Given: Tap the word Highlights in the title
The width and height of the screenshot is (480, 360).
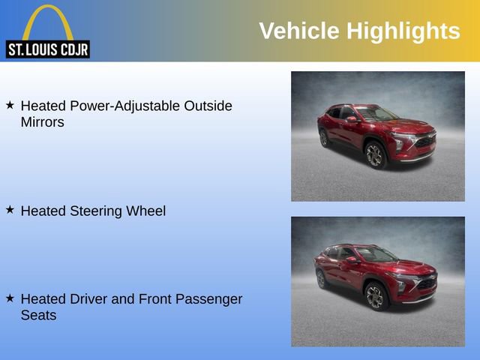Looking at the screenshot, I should [403, 31].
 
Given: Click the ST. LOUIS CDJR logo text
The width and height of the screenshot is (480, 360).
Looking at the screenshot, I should [47, 50].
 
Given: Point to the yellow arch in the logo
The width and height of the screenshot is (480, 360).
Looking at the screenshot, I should [47, 18].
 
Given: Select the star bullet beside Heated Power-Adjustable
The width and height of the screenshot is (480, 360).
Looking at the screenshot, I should [10, 106].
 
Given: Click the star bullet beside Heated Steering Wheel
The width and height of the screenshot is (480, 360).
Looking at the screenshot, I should [10, 211].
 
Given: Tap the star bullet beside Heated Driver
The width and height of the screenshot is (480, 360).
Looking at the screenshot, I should [10, 298].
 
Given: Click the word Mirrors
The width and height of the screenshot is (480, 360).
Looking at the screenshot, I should [43, 121].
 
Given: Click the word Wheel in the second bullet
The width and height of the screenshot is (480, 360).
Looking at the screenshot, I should [147, 211].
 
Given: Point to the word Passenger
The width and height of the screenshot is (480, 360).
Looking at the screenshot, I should [205, 299].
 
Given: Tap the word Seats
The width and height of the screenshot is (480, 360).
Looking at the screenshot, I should [38, 315].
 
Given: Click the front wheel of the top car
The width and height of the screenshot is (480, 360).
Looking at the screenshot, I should [375, 155].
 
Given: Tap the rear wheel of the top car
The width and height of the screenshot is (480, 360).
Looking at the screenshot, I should [324, 138].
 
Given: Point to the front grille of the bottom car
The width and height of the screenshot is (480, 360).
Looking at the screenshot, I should [425, 284].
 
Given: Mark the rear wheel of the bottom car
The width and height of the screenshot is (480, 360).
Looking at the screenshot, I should [322, 278].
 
